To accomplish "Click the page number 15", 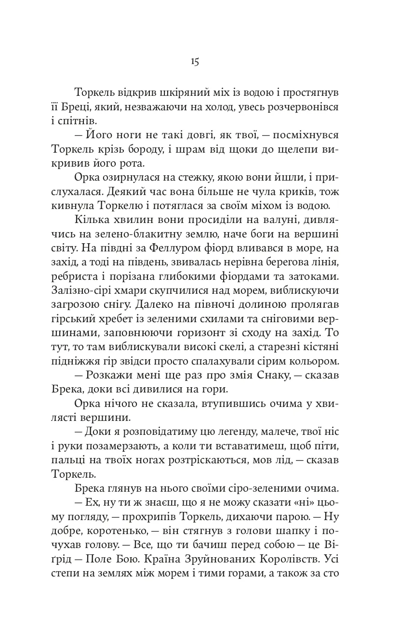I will [195, 62].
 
